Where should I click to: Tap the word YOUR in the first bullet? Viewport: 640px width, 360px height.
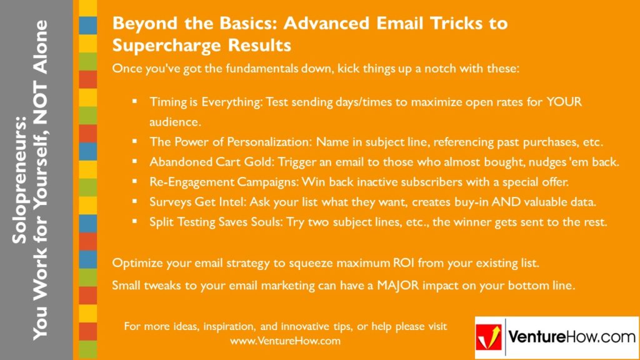click(565, 101)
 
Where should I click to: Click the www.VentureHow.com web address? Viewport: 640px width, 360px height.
click(285, 341)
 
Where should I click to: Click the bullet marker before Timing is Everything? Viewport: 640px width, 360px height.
click(134, 101)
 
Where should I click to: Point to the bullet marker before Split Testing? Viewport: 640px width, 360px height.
click(134, 221)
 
